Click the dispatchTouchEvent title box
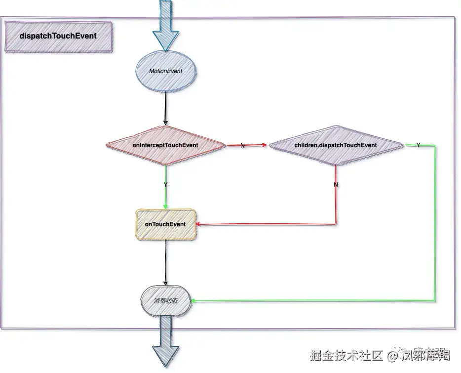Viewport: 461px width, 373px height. tap(58, 36)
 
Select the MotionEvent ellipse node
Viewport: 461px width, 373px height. tap(166, 71)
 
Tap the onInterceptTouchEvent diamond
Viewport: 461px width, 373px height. tap(165, 145)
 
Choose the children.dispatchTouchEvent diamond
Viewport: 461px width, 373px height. tap(336, 145)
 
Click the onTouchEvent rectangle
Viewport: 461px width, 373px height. tap(166, 224)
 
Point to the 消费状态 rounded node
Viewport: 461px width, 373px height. tap(166, 301)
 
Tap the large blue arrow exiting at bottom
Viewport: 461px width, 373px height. tap(165, 346)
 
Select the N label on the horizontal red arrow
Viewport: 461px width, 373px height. tap(242, 146)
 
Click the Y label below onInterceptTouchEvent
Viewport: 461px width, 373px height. tap(165, 184)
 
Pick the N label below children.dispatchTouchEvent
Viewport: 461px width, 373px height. tap(336, 184)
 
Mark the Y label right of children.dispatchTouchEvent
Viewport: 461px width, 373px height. tap(418, 145)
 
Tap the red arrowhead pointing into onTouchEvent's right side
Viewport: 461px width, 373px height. tap(199, 224)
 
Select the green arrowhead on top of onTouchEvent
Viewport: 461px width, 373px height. tap(165, 206)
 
